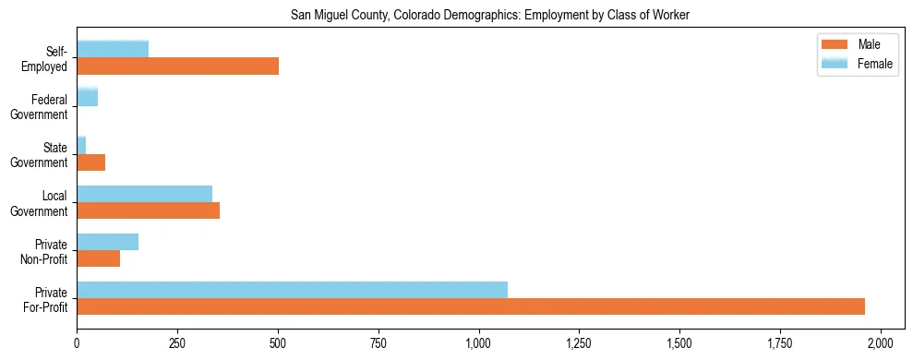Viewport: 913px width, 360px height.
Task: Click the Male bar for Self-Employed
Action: (177, 66)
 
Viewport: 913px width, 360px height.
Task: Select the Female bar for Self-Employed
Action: (113, 49)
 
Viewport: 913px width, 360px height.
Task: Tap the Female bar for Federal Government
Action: (87, 97)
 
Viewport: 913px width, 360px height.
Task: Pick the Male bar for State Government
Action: (90, 162)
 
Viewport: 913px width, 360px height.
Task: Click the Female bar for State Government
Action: (81, 145)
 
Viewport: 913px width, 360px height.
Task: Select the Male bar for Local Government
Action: (148, 210)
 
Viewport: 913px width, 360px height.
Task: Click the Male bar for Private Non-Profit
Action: (98, 258)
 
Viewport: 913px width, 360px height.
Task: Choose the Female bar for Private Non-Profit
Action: (107, 241)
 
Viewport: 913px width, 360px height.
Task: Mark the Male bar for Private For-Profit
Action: (471, 306)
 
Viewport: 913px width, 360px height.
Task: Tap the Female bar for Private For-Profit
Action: (292, 289)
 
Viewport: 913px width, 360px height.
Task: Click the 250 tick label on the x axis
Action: (177, 343)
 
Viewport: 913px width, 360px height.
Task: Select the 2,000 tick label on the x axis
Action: (881, 343)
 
